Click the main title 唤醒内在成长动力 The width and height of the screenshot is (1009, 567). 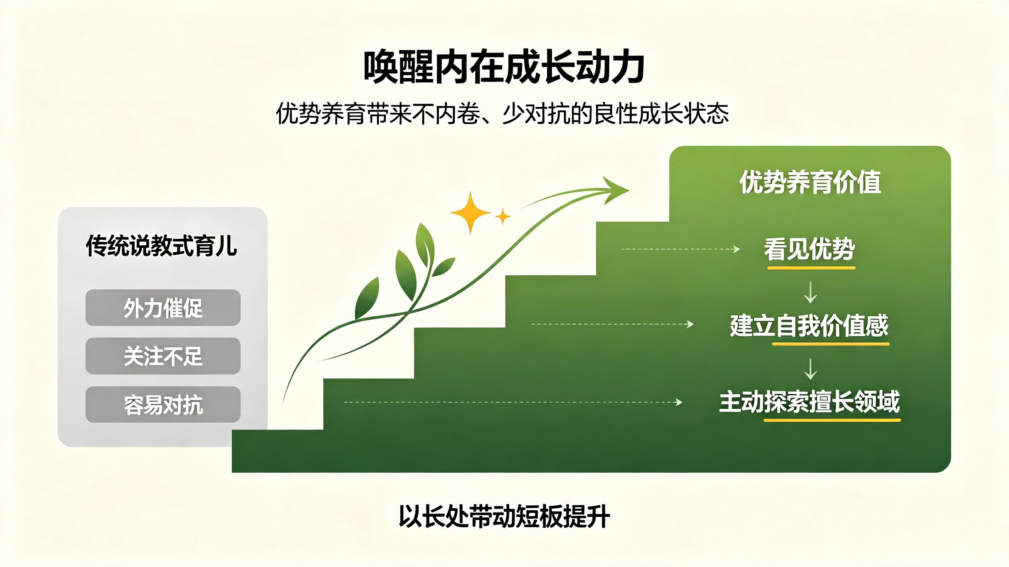(x=504, y=67)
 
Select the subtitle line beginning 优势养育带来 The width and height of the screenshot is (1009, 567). (x=502, y=114)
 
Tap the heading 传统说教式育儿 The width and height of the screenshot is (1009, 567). (x=162, y=246)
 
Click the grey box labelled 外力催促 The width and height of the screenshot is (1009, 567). (x=163, y=308)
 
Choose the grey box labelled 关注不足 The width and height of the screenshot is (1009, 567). (x=163, y=356)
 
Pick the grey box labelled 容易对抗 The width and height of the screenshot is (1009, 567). (x=163, y=404)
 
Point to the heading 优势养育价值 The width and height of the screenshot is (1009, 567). (x=810, y=182)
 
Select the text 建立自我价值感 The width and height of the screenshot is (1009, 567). (x=809, y=325)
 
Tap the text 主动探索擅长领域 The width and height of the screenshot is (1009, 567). (x=809, y=402)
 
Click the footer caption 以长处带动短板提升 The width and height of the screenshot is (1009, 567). (x=504, y=516)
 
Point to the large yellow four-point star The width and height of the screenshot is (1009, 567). (x=470, y=212)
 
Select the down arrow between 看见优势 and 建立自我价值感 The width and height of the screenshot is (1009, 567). (x=810, y=292)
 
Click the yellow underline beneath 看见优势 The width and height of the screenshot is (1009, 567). (x=811, y=268)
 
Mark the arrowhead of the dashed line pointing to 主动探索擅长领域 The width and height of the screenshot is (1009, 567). (x=679, y=402)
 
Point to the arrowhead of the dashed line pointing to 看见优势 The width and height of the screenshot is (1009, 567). (x=737, y=249)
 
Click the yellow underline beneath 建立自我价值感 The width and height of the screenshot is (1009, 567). (x=830, y=344)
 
